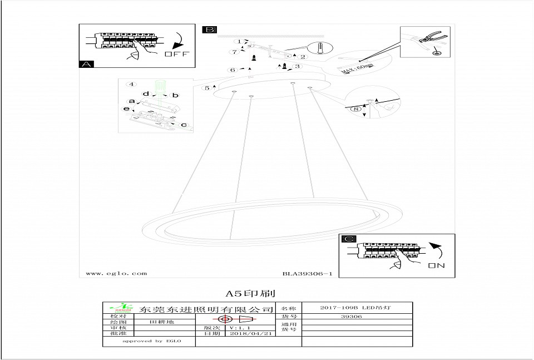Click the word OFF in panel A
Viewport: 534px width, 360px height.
[x=177, y=54]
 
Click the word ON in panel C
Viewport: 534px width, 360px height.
[x=437, y=266]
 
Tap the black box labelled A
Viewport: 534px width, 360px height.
[x=86, y=64]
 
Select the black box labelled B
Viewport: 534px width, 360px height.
[x=209, y=29]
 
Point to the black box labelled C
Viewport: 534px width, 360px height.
[x=348, y=239]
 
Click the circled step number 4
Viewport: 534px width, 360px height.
[x=131, y=85]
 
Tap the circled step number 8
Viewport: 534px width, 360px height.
[x=357, y=110]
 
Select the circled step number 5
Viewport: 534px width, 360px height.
[x=207, y=87]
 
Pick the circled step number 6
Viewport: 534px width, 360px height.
[x=233, y=70]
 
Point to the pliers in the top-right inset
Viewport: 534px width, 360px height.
[x=428, y=39]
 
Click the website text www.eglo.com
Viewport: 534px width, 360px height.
[x=117, y=273]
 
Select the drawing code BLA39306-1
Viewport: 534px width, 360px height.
[x=307, y=273]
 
